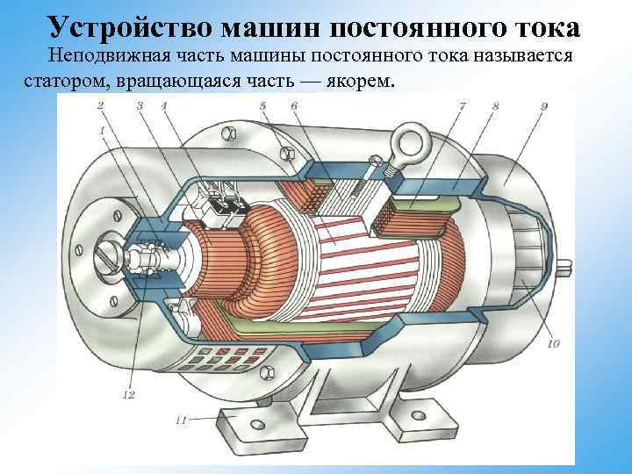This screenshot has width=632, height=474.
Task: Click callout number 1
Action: click(x=103, y=132)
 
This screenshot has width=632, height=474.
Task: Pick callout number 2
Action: click(x=101, y=106)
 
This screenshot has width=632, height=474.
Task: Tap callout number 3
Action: click(x=139, y=106)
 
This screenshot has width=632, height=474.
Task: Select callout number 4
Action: click(x=163, y=106)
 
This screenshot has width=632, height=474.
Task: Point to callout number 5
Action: click(x=262, y=106)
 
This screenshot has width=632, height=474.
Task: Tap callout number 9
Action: click(x=545, y=106)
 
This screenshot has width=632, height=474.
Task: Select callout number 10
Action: click(x=552, y=344)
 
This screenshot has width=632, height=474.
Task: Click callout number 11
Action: click(x=181, y=421)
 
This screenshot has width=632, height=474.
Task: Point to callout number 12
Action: click(x=128, y=395)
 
